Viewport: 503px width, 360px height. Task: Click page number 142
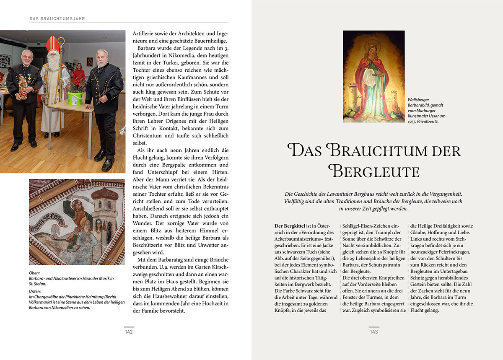(x=129, y=332)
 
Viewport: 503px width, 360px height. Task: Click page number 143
(x=374, y=332)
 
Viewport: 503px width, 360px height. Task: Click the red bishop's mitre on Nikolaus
(x=53, y=44)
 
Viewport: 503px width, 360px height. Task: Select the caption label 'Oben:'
(x=34, y=273)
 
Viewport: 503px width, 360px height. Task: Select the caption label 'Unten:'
(x=35, y=291)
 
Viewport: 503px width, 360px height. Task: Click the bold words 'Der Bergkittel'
(x=289, y=226)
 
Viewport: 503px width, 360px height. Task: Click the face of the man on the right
(x=102, y=58)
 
